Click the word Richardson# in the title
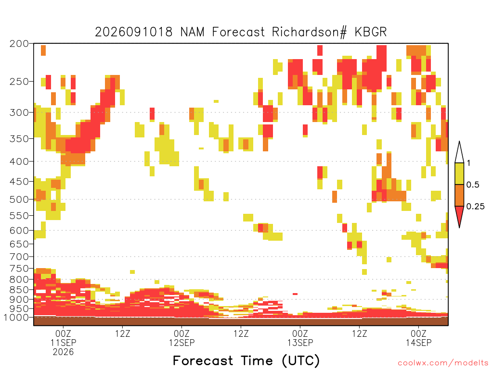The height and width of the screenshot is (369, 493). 309,32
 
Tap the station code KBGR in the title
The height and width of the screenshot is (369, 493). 371,32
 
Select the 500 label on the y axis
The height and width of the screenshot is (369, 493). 19,199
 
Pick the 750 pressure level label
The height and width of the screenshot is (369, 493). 19,269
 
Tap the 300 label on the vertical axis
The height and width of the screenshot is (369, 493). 19,112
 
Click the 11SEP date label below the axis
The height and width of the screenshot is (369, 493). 63,343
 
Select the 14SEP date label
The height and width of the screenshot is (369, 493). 418,343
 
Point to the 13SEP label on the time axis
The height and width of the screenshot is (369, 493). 300,343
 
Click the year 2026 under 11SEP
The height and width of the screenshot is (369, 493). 63,352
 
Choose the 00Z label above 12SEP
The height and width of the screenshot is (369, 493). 182,333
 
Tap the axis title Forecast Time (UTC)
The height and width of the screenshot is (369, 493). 246,361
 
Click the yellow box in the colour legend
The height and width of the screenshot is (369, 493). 459,173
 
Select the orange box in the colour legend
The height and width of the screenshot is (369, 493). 459,195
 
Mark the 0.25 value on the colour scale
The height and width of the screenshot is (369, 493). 475,207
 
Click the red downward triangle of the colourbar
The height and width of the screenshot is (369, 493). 459,216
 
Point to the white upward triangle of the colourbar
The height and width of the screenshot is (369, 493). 459,154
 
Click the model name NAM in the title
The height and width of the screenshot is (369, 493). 193,32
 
